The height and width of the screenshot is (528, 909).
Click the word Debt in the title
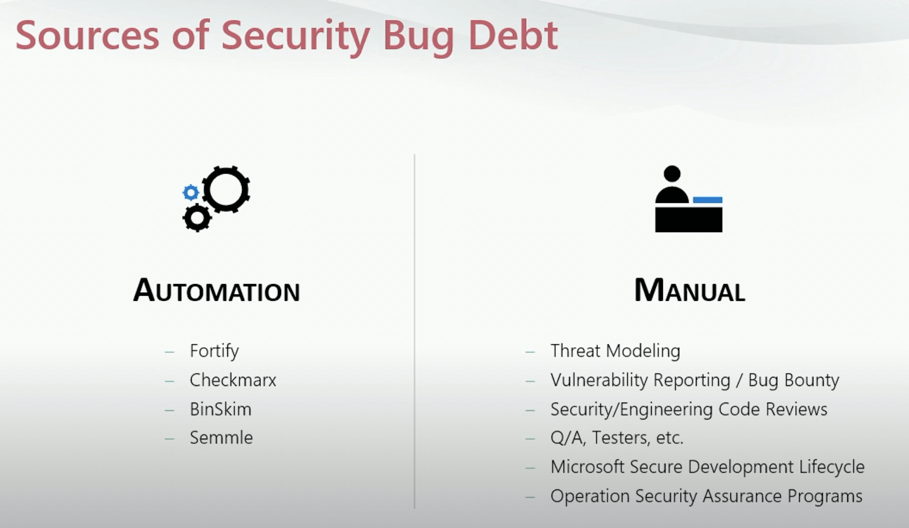[x=513, y=35]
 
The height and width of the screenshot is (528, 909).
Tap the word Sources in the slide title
[x=88, y=35]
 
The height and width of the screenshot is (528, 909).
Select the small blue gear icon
[x=191, y=193]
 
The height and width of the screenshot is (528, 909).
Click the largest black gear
[x=226, y=189]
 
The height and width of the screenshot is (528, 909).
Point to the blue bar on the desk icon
[x=708, y=200]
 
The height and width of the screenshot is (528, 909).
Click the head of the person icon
[x=672, y=174]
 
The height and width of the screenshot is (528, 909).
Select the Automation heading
[x=217, y=290]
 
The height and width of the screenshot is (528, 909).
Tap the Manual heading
[x=690, y=290]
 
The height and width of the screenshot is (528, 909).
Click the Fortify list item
[x=214, y=351]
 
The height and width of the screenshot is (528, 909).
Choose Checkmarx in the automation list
[x=233, y=380]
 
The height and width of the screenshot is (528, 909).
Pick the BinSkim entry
[x=220, y=409]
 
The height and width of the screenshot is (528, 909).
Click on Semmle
[x=221, y=438]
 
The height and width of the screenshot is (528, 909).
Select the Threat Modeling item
[x=615, y=351]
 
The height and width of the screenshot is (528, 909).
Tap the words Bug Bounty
[x=794, y=380]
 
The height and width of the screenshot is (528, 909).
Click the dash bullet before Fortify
[x=169, y=352]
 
